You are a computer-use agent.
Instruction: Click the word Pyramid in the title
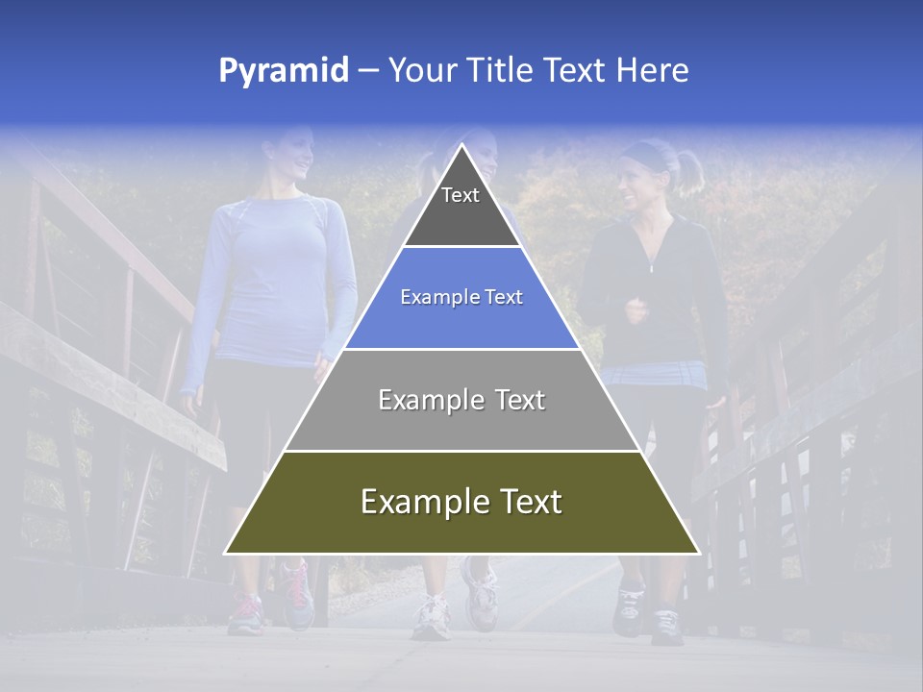pyautogui.click(x=284, y=71)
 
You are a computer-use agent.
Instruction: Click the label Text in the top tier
pyautogui.click(x=461, y=195)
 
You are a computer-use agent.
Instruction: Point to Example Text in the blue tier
pyautogui.click(x=461, y=297)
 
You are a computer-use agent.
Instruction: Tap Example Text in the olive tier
pyautogui.click(x=461, y=502)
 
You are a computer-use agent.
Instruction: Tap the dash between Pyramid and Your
pyautogui.click(x=367, y=71)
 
